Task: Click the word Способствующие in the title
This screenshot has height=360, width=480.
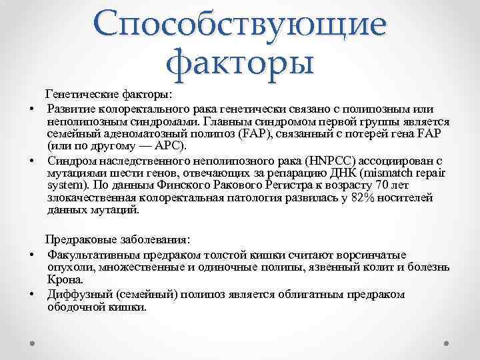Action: click(240, 25)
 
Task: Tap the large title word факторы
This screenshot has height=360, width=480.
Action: click(240, 63)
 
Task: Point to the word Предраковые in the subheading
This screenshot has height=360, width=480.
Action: click(77, 239)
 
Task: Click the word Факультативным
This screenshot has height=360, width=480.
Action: click(91, 255)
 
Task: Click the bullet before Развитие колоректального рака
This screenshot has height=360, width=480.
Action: click(31, 109)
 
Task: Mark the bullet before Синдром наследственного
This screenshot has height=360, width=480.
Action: click(31, 161)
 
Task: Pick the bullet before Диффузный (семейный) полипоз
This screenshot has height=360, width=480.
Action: click(31, 294)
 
